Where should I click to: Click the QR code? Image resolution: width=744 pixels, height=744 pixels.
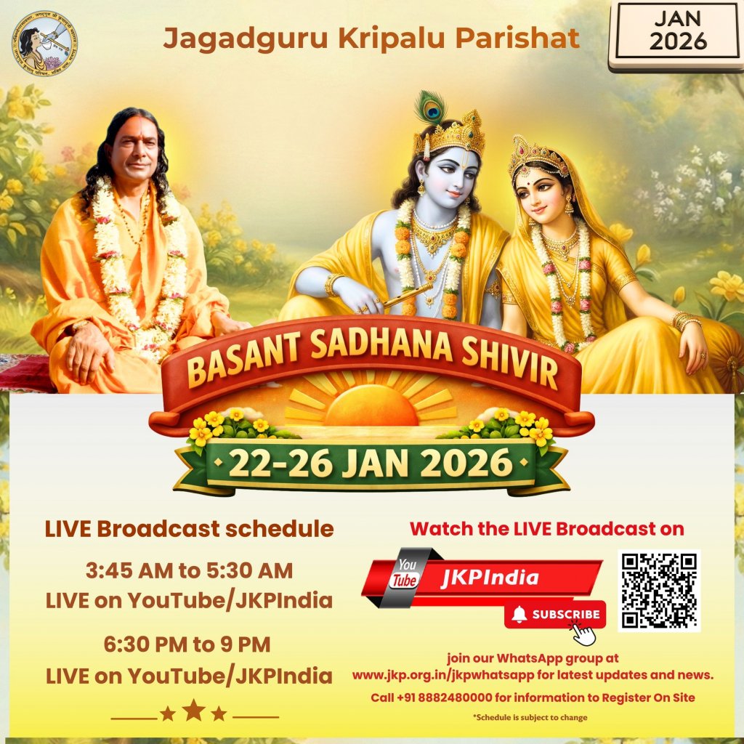coord(659,590)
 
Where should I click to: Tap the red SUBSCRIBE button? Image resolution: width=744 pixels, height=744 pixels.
coord(556,615)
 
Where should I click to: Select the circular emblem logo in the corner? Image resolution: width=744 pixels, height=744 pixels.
coord(45,44)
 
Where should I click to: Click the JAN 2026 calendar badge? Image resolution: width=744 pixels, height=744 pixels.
coord(677,33)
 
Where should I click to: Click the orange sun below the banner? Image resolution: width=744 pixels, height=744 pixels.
coord(371,408)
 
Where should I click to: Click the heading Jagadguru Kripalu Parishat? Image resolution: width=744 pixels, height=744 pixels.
coord(371,39)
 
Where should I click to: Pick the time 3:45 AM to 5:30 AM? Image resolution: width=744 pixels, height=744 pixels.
coord(189,571)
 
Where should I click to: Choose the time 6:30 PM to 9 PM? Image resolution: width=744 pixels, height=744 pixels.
coord(189,644)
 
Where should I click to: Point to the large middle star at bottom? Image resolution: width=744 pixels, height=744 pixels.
coord(193,710)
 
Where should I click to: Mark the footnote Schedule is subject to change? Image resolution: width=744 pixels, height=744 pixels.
coord(530,718)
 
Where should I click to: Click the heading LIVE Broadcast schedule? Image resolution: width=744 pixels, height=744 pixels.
coord(189,529)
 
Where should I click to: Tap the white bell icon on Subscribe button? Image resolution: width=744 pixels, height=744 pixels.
coord(519,615)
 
